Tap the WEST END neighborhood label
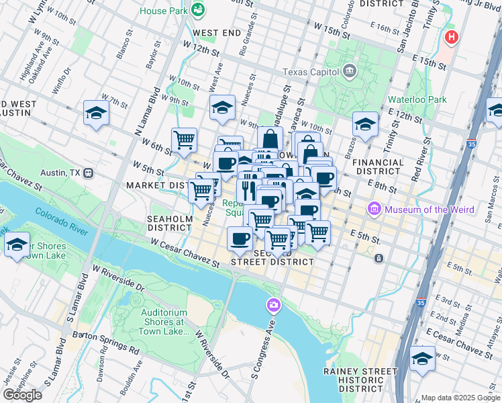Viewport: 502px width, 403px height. (x=216, y=32)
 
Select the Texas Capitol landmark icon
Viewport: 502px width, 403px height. (x=350, y=71)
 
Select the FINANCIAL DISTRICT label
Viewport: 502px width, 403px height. (x=378, y=167)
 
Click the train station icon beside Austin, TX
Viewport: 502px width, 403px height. (x=88, y=173)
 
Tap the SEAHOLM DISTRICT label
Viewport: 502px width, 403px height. (x=170, y=223)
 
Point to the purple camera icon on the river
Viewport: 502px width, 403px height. (x=272, y=306)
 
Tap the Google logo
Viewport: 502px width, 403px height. (x=22, y=394)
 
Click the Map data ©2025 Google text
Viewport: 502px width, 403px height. (x=460, y=397)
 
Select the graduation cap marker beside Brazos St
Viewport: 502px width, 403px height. (x=365, y=124)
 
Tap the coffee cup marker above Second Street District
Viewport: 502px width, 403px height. (x=240, y=238)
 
